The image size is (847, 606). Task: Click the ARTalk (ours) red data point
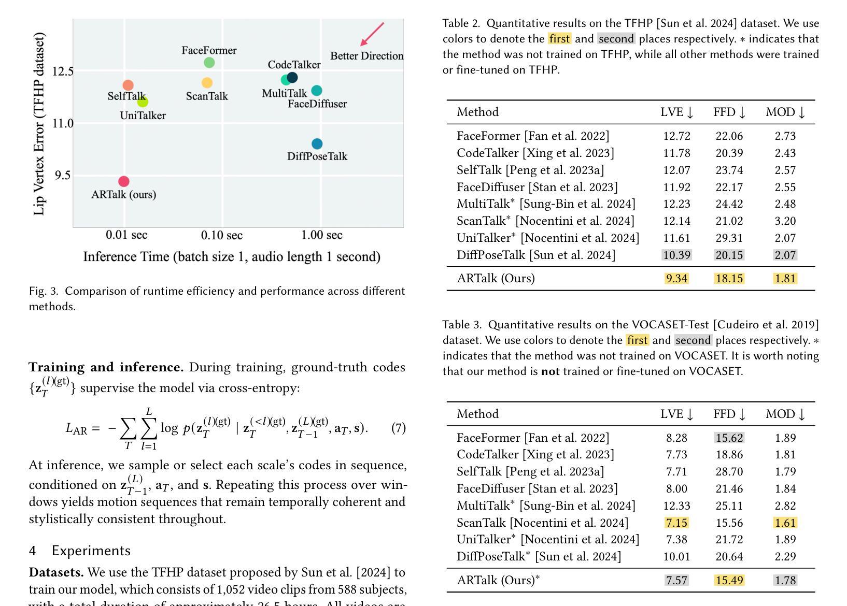[124, 182]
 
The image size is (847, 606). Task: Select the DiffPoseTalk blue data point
[317, 144]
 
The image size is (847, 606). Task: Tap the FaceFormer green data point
[209, 63]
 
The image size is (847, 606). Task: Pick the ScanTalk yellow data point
[207, 83]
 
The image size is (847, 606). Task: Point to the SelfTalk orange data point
[128, 85]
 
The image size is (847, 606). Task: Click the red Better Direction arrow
[372, 34]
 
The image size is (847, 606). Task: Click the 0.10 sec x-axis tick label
[221, 235]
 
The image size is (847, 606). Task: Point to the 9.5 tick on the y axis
[62, 175]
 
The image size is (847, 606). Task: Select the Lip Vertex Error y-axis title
[39, 124]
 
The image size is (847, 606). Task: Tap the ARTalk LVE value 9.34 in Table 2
[676, 279]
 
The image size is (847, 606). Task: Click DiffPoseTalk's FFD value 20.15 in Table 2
[729, 255]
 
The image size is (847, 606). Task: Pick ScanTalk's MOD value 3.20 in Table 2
[785, 221]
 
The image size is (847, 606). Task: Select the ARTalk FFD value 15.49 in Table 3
[729, 580]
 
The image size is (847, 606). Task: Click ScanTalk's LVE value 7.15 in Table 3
[676, 523]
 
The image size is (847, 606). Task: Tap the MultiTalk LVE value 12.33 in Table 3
[676, 506]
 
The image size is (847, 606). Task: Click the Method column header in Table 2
[477, 112]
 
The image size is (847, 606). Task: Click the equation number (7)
[399, 428]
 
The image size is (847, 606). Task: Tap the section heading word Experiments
[91, 551]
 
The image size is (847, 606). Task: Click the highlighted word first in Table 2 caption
[559, 38]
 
